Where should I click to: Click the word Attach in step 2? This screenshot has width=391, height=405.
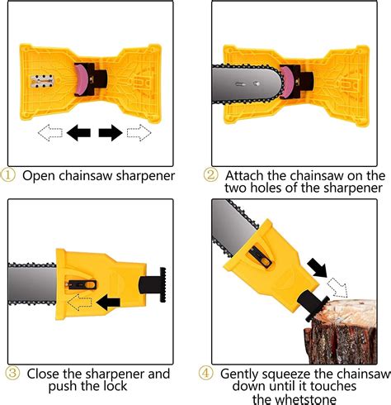tap(244, 175)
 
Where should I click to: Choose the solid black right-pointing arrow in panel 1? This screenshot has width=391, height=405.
tap(111, 131)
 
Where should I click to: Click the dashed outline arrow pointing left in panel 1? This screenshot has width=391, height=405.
tap(50, 131)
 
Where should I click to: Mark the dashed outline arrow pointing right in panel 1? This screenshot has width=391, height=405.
tap(139, 131)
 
